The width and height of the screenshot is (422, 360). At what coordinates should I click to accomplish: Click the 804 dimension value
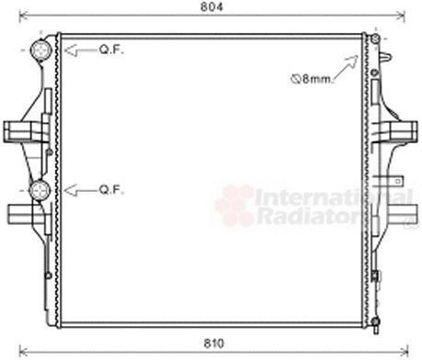click(211, 6)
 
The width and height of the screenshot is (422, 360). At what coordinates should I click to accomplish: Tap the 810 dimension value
click(214, 343)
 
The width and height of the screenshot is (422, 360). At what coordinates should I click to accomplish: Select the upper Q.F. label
click(111, 50)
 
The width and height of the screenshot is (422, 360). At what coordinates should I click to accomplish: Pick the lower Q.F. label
click(111, 190)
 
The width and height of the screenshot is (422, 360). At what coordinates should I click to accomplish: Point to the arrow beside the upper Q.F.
click(80, 51)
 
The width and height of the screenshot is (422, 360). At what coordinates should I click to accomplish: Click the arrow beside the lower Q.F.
click(80, 191)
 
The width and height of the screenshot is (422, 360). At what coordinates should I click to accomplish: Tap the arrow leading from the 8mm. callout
click(346, 68)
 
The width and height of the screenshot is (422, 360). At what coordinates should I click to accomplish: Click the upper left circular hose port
click(40, 50)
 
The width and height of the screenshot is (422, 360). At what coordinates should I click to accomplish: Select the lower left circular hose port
click(40, 190)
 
